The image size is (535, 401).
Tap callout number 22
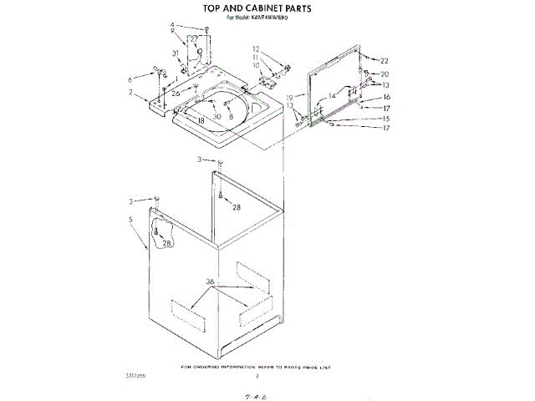pos(385,61)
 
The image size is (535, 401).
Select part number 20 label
pos(385,74)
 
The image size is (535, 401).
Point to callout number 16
pos(386,97)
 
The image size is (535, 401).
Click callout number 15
pos(385,119)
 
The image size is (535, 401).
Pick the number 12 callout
pos(257,49)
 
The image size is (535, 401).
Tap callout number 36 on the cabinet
pos(211,282)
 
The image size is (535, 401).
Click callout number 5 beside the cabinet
pos(131,220)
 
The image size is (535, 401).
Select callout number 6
pos(130,79)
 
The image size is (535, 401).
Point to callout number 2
pos(130,92)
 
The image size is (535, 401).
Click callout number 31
pos(176,53)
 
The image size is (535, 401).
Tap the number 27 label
pos(193,39)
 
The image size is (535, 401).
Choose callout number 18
pos(201,121)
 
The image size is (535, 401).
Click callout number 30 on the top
pos(217,116)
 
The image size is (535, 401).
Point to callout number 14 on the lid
pos(332,96)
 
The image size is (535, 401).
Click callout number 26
pos(176,94)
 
